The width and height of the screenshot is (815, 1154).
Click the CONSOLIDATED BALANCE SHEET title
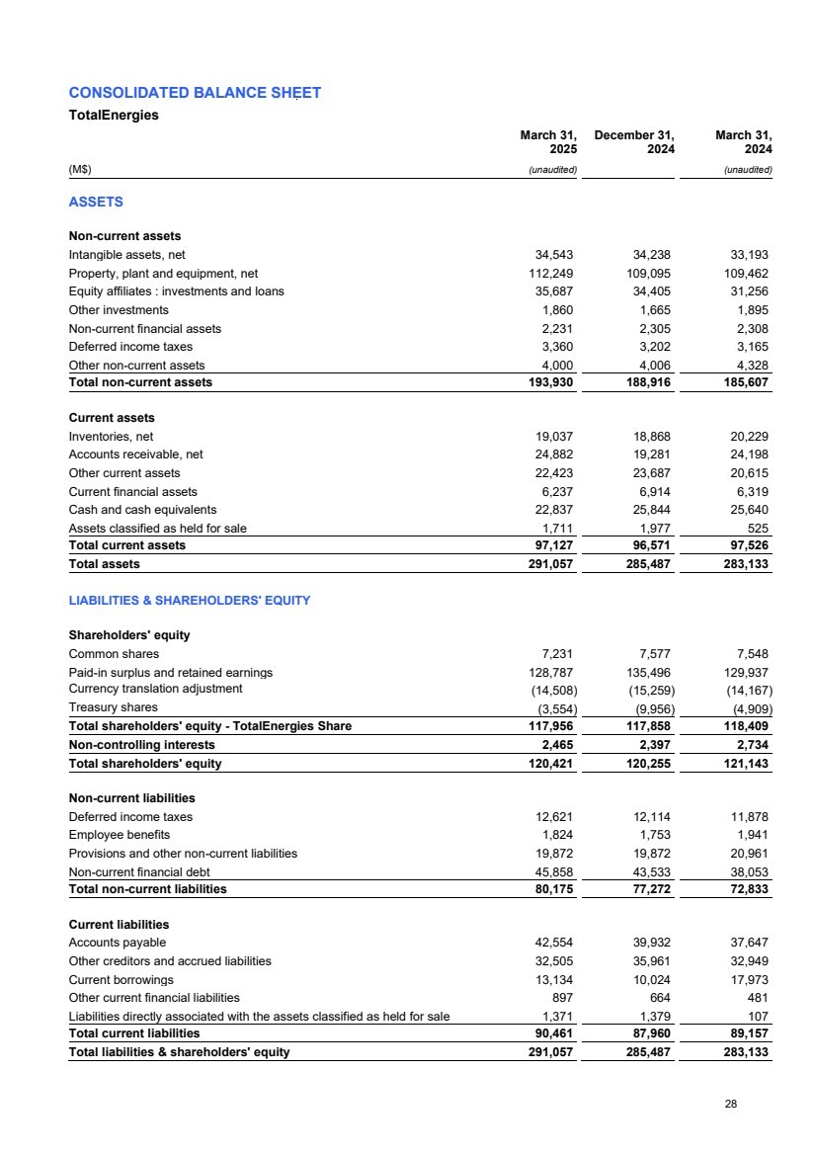[195, 93]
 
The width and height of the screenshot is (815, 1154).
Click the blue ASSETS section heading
[96, 202]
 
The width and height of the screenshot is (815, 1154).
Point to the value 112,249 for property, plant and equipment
[551, 274]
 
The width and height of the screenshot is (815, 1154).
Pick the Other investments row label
[119, 310]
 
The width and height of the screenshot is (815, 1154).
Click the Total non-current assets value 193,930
[549, 382]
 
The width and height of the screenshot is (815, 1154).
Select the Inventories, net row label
[111, 437]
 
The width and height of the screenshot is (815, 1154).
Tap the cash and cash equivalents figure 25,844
[650, 510]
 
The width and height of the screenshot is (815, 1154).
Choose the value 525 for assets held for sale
[758, 529]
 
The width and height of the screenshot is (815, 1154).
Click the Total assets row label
[104, 564]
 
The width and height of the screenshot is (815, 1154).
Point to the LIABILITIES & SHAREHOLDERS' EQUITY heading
[190, 601]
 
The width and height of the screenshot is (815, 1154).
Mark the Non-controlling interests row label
[141, 744]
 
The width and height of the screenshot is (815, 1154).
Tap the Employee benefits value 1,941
[752, 835]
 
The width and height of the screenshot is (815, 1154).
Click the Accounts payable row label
[118, 943]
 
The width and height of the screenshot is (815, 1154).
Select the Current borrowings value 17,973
[749, 979]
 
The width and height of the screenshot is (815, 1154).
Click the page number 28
[730, 1104]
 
